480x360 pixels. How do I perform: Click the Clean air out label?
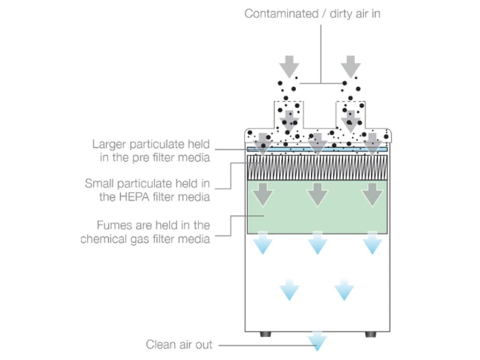tap(179, 345)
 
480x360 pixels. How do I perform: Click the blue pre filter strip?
tap(317, 150)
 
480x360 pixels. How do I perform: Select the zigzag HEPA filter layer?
tap(317, 167)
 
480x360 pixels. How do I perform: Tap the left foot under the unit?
tap(265, 334)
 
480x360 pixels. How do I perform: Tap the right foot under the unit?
tap(370, 334)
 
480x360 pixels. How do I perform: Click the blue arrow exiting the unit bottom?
tap(317, 341)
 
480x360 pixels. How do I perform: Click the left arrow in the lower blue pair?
tap(289, 290)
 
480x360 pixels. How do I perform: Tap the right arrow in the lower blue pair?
tap(344, 290)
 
